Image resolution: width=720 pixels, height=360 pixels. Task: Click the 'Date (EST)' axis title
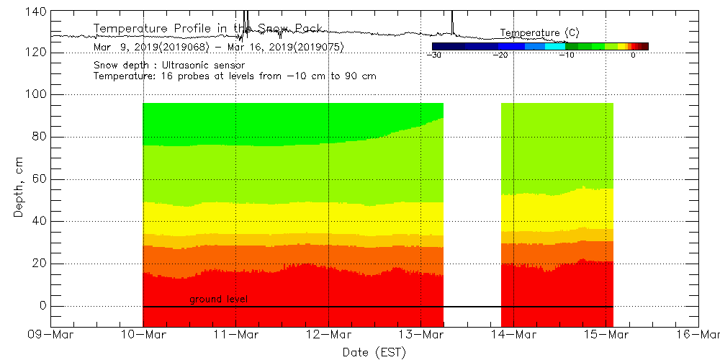click(x=374, y=352)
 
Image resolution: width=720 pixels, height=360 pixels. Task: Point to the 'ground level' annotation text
click(x=219, y=299)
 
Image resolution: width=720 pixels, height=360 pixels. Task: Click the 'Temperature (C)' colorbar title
click(x=539, y=33)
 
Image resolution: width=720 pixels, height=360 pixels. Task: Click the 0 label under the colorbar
click(x=633, y=55)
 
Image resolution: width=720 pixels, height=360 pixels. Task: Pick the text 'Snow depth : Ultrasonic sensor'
click(x=169, y=66)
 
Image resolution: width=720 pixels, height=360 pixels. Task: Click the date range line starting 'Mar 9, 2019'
click(x=218, y=48)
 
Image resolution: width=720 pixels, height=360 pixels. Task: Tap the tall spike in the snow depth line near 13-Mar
click(x=452, y=22)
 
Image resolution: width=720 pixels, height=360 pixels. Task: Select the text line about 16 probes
click(x=235, y=76)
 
